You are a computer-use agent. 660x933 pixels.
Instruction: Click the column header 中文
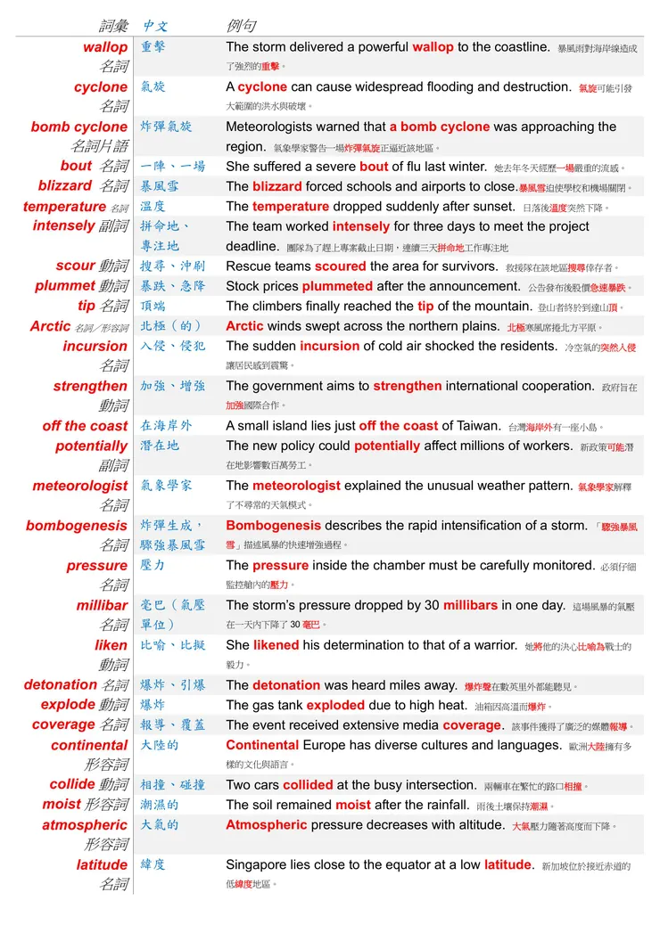tap(155, 26)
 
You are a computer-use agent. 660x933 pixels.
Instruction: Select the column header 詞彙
tap(113, 26)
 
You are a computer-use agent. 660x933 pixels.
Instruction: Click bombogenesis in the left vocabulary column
tap(77, 526)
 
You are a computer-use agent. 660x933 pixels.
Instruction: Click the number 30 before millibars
tap(431, 606)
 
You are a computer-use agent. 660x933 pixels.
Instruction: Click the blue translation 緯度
tap(153, 865)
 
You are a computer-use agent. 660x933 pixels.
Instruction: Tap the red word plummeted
tap(337, 287)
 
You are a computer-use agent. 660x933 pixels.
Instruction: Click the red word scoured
tap(339, 266)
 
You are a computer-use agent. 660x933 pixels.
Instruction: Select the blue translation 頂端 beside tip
tap(153, 307)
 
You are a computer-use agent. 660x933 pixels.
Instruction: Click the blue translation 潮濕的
tap(160, 806)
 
